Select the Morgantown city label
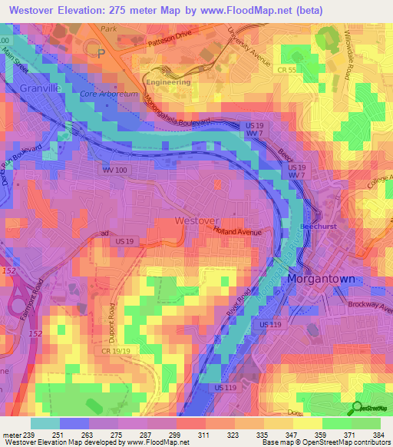[x=321, y=279]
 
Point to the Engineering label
[x=168, y=81]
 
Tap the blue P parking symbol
[x=101, y=53]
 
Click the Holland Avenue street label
[x=239, y=231]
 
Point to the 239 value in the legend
[x=25, y=435]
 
